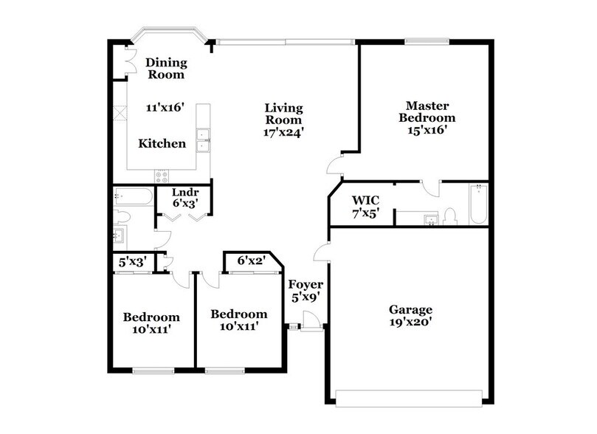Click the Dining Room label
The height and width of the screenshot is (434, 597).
(x=165, y=69)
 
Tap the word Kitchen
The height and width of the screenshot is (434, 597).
(x=162, y=143)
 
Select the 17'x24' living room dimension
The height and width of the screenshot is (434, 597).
(x=284, y=134)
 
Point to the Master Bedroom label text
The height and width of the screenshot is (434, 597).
(x=427, y=111)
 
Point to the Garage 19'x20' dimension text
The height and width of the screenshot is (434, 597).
(x=411, y=322)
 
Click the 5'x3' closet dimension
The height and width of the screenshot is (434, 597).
(x=133, y=261)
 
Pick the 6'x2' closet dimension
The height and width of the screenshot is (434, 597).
(x=251, y=260)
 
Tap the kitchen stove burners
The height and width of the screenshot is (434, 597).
(x=162, y=176)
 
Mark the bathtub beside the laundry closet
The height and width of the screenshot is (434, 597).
(x=134, y=196)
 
